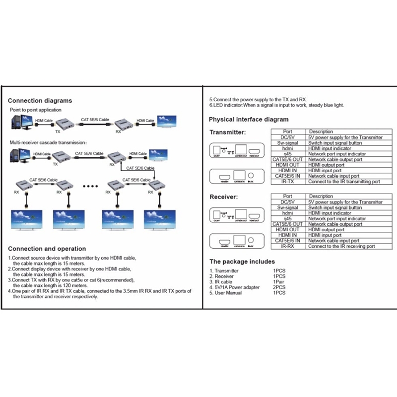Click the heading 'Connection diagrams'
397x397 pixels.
[x=40, y=101]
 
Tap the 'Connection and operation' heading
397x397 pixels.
[x=47, y=249]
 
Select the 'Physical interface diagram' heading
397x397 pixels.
[x=248, y=120]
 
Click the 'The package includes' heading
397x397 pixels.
[x=242, y=262]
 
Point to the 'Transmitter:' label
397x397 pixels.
[x=227, y=132]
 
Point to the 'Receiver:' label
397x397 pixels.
[x=223, y=197]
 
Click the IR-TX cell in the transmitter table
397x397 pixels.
[x=287, y=182]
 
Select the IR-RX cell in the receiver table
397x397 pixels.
[x=287, y=246]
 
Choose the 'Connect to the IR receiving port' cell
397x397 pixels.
[x=341, y=246]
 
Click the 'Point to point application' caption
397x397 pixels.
[x=36, y=110]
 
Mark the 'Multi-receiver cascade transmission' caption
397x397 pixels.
[x=48, y=142]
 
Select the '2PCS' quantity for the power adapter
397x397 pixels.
[x=278, y=287]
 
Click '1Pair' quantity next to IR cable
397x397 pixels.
[x=279, y=282]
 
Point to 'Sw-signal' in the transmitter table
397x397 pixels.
[x=287, y=143]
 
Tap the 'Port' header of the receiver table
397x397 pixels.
[x=287, y=197]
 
